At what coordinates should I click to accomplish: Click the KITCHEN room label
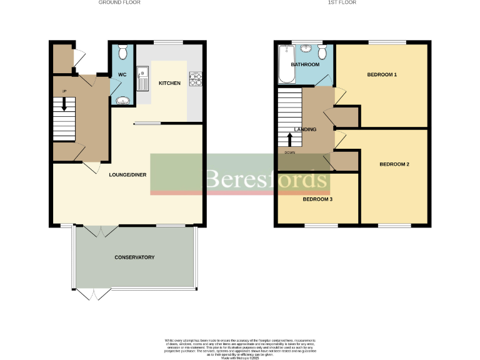169,83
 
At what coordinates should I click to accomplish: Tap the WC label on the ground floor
122,76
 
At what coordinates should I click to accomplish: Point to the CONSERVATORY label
134,257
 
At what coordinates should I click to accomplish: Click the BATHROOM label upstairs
305,64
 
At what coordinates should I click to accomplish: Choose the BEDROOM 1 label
382,75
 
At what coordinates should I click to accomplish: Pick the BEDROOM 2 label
394,164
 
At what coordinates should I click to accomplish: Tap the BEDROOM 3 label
317,200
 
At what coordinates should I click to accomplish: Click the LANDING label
306,129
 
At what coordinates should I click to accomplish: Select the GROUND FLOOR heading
119,2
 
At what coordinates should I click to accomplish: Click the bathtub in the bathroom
285,65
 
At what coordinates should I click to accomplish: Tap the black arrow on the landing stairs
289,139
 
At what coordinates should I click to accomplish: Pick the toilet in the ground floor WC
122,50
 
